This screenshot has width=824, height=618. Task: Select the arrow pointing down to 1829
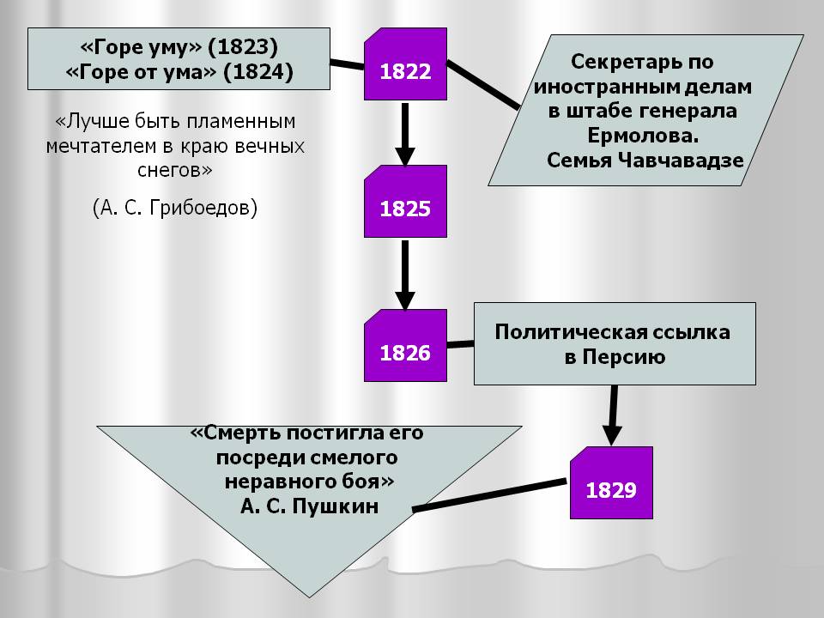pos(613,415)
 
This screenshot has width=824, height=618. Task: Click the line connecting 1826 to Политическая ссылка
pos(460,345)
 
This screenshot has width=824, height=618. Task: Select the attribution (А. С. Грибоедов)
pos(175,209)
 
